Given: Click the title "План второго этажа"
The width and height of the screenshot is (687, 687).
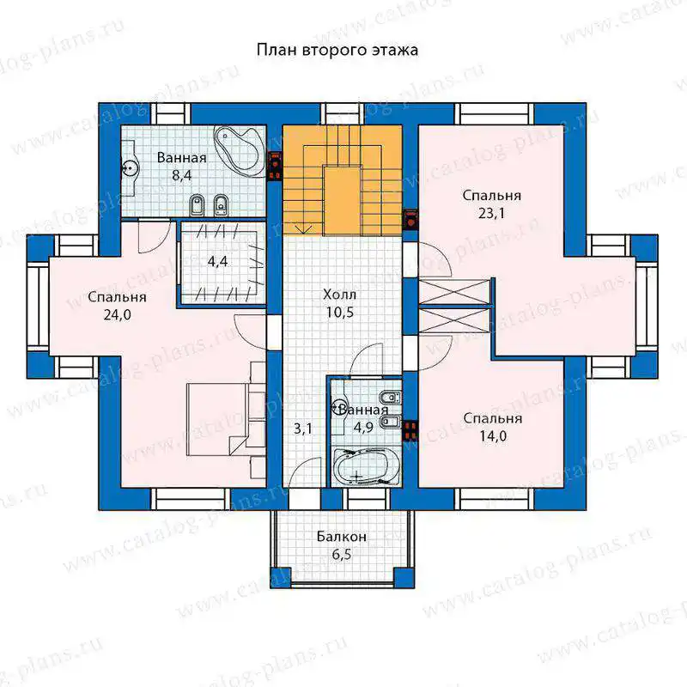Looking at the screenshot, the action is pyautogui.click(x=337, y=50).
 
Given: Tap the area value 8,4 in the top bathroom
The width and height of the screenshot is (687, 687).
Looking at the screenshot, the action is pyautogui.click(x=181, y=176).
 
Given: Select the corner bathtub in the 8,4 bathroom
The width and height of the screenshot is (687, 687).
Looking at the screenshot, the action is pyautogui.click(x=239, y=152).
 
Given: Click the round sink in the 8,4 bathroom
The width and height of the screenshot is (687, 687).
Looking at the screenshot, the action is pyautogui.click(x=130, y=167).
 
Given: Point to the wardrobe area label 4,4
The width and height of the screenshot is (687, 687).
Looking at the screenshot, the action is pyautogui.click(x=218, y=262).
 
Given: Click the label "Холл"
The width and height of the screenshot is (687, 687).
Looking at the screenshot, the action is pyautogui.click(x=339, y=295).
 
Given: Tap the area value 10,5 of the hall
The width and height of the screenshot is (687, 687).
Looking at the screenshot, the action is pyautogui.click(x=339, y=313).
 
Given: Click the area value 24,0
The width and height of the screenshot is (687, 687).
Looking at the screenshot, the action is pyautogui.click(x=117, y=315).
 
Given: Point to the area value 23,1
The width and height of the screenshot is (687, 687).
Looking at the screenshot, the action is pyautogui.click(x=491, y=213).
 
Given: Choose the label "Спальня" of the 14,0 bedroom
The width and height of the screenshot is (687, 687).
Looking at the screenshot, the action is pyautogui.click(x=493, y=418).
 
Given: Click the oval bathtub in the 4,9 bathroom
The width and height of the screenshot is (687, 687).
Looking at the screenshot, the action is pyautogui.click(x=367, y=467).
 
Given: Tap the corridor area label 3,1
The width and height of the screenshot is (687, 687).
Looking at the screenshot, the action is pyautogui.click(x=303, y=429).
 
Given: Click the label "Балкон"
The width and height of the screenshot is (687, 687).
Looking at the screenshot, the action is pyautogui.click(x=341, y=537).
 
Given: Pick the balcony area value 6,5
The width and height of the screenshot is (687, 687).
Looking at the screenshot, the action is pyautogui.click(x=341, y=555).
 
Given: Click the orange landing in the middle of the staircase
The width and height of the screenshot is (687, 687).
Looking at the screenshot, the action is pyautogui.click(x=342, y=200).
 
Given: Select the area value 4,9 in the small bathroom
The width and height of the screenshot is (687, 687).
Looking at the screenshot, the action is pyautogui.click(x=363, y=427).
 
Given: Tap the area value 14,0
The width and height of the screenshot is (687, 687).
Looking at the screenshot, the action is pyautogui.click(x=493, y=436).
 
